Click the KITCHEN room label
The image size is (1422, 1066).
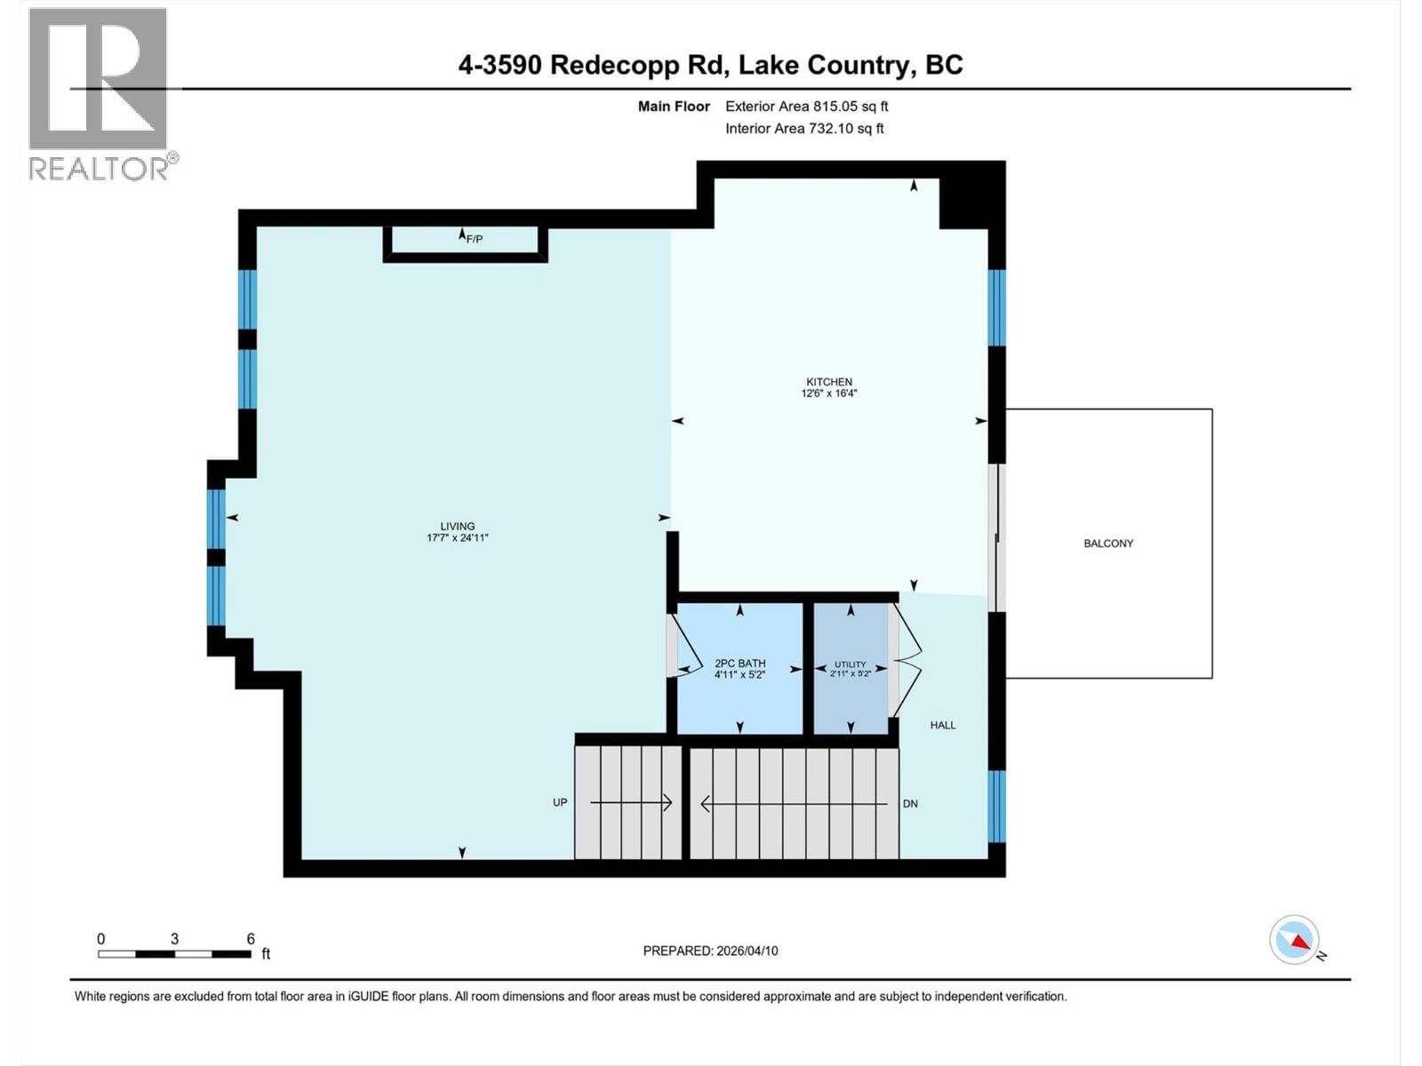pos(828,382)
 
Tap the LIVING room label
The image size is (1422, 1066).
pos(457,526)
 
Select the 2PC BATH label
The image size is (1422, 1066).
pos(739,664)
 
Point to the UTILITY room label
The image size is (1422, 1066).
pos(850,664)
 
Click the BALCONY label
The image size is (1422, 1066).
pos(1108,544)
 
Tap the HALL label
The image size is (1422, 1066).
pos(943,725)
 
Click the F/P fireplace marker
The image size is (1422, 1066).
pos(474,239)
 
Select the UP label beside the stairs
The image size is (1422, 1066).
pos(560,802)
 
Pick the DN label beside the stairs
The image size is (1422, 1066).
pos(910,804)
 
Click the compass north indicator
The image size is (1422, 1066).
pos(1295,940)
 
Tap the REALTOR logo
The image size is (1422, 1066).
pos(99,93)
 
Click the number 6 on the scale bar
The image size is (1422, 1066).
pos(251,939)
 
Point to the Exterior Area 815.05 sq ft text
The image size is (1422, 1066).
pos(806,107)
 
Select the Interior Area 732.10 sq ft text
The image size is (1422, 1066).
pos(804,129)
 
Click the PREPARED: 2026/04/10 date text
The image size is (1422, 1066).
pos(710,951)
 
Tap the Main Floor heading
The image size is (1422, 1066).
pos(674,107)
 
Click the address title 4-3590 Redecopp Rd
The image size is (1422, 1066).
pos(710,65)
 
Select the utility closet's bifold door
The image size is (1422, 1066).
pos(907,659)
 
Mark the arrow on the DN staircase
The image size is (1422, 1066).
pos(794,804)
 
